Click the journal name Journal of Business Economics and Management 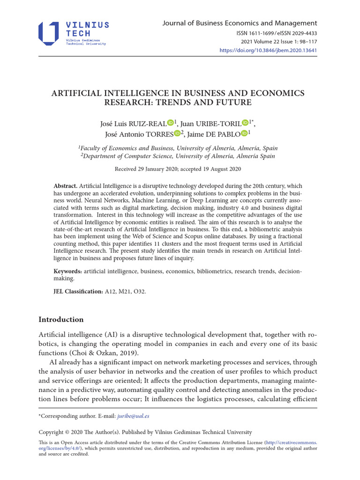[x=240, y=23]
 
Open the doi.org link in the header [x=269, y=50]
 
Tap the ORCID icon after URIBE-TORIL [x=245, y=123]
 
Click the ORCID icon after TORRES [x=177, y=134]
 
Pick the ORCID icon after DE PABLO [x=244, y=134]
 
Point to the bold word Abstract [x=65, y=186]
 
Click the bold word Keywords [x=67, y=271]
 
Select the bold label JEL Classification [x=78, y=292]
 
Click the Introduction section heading [x=61, y=320]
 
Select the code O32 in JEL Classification [x=139, y=292]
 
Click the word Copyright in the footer [x=53, y=432]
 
